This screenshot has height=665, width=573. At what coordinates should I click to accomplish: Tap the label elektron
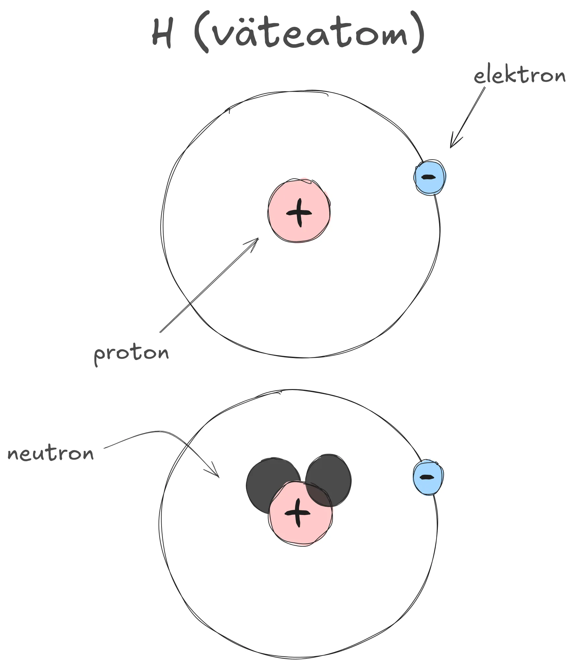520,76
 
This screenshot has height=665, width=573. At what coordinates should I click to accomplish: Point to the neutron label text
50,453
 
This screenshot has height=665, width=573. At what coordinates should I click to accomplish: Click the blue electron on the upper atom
430,177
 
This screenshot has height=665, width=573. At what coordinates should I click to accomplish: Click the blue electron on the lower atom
428,477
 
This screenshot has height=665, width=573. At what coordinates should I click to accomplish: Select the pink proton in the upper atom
299,211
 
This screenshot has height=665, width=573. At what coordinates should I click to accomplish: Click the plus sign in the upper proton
299,213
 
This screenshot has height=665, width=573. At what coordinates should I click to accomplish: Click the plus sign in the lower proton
297,513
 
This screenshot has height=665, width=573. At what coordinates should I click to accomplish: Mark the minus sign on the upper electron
429,177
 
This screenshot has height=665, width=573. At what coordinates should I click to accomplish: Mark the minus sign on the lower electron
427,477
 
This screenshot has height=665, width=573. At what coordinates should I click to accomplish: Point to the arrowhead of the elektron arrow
451,147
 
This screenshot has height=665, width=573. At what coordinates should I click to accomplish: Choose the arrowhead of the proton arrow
258,238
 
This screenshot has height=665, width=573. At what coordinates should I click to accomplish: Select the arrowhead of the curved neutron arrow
219,477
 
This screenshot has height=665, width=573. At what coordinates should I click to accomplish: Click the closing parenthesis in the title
417,33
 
